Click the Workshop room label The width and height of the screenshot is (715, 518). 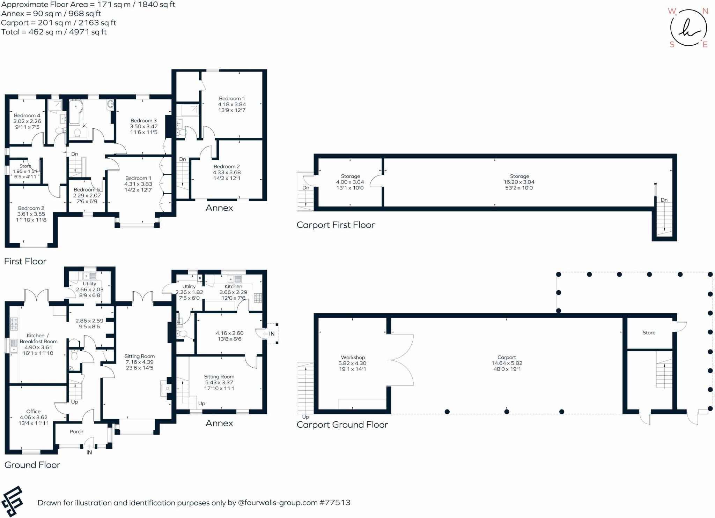(353, 363)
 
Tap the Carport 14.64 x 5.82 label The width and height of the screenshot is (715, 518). (507, 363)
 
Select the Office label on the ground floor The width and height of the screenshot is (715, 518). (34, 417)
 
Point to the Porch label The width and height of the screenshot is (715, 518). (76, 431)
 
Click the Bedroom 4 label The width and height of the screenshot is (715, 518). (27, 121)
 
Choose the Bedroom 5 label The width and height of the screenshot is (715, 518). (87, 195)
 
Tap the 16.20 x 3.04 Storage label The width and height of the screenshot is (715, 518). (519, 182)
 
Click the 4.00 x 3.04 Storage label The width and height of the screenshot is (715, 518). (350, 182)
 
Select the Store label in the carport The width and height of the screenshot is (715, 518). (649, 332)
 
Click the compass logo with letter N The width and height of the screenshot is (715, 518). (688, 28)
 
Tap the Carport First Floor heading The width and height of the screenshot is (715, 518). (335, 225)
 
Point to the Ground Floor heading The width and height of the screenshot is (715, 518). (32, 465)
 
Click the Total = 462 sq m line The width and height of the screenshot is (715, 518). (54, 32)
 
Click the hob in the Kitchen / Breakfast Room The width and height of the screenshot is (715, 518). (14, 324)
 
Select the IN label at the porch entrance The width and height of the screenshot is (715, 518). (89, 452)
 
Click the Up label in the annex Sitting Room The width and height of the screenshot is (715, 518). (201, 403)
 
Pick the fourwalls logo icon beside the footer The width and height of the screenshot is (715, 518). (13, 501)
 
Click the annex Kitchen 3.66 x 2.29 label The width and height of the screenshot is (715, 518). (233, 292)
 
